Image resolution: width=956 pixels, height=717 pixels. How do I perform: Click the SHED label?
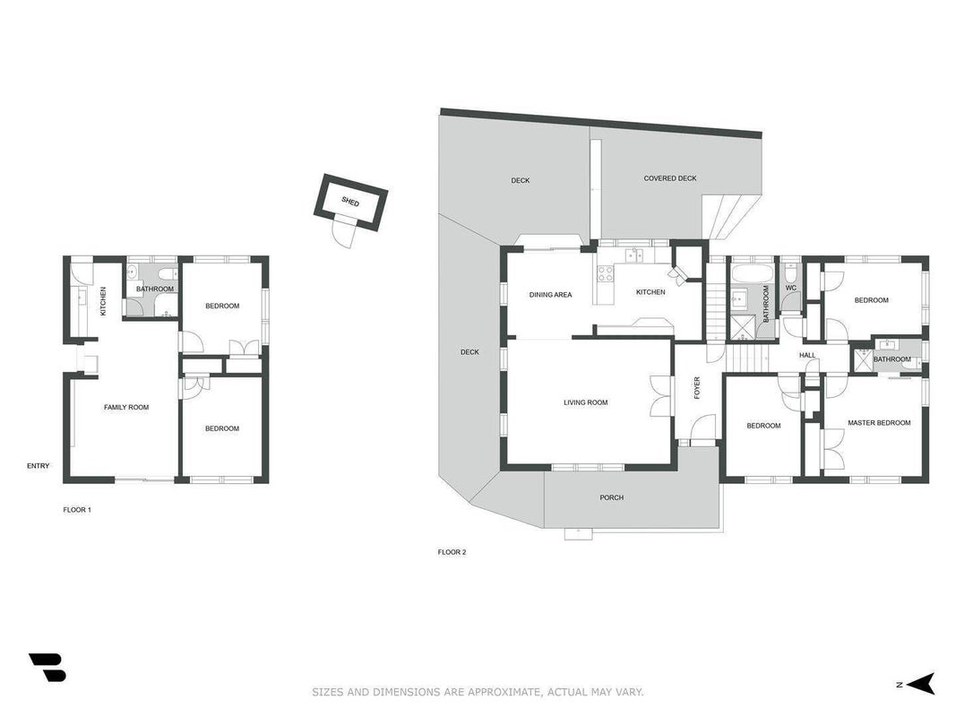pyautogui.click(x=350, y=201)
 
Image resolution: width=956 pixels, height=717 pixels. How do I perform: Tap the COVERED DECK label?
pyautogui.click(x=670, y=178)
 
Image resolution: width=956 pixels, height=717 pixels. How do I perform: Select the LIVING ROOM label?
pyautogui.click(x=585, y=402)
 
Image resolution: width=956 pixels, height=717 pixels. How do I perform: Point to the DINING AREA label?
pyautogui.click(x=550, y=295)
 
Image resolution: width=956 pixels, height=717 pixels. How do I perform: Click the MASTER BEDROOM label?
pyautogui.click(x=879, y=422)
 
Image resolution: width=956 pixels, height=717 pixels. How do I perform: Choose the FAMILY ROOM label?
pyautogui.click(x=126, y=407)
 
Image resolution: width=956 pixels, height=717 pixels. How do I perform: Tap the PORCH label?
pyautogui.click(x=612, y=497)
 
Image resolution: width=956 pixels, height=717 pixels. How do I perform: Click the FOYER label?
pyautogui.click(x=697, y=388)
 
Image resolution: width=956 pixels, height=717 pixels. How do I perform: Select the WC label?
pyautogui.click(x=791, y=288)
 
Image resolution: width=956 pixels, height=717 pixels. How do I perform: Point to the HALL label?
pyautogui.click(x=807, y=356)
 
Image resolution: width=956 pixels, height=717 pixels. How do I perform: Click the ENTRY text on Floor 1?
pyautogui.click(x=38, y=466)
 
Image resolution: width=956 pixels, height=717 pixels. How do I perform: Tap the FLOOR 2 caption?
pyautogui.click(x=452, y=552)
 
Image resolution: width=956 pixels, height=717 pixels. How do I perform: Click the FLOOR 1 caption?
pyautogui.click(x=77, y=510)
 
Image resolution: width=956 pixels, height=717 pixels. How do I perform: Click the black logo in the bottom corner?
pyautogui.click(x=47, y=667)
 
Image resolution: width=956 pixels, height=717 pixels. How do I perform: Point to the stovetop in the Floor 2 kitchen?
pyautogui.click(x=605, y=273)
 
